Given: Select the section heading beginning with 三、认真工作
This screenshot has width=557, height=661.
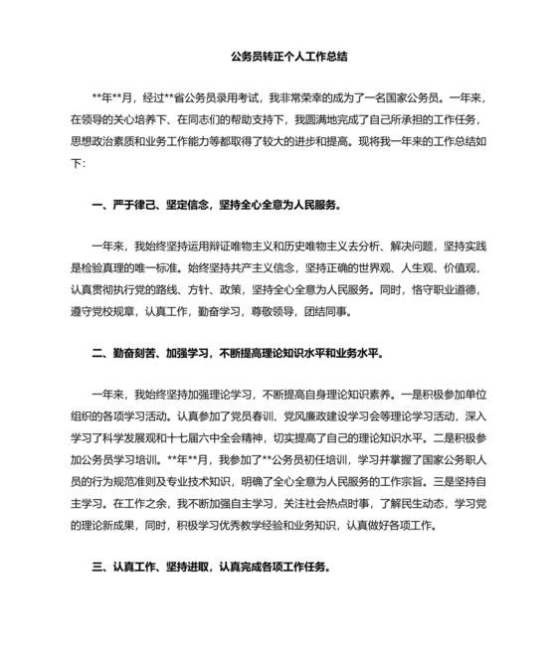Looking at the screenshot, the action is (211, 568).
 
